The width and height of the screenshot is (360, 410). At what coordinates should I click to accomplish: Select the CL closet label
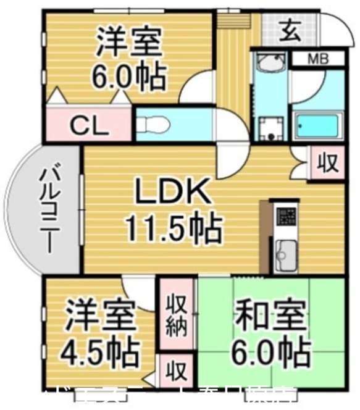[x=89, y=125]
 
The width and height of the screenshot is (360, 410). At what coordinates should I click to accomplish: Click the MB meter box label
[x=317, y=60]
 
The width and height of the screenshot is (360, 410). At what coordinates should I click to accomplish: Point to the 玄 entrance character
[x=289, y=29]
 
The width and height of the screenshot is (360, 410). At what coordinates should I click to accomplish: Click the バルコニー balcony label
[x=50, y=211]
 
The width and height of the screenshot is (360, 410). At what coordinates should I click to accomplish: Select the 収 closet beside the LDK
[x=327, y=162]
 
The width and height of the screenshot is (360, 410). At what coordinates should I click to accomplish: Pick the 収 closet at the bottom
[x=177, y=372]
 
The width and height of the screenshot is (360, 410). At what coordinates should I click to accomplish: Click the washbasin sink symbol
[x=269, y=64]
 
